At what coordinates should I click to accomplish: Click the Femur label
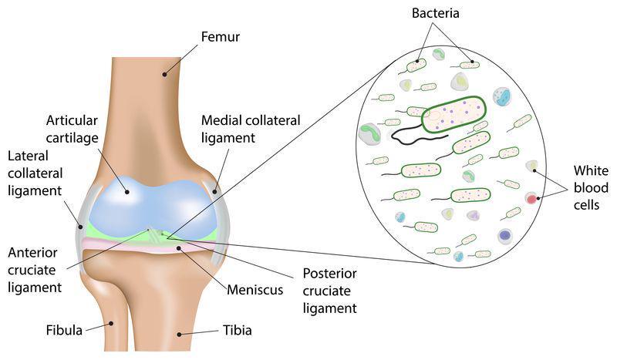pos(221,36)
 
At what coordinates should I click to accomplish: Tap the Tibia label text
pos(238,330)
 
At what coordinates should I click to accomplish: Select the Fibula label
pos(64,330)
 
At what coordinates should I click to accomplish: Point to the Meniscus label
pos(255,290)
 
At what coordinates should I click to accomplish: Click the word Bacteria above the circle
pos(435,13)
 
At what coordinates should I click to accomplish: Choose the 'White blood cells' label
pos(591,187)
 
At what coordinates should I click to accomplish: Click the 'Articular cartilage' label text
pos(72,129)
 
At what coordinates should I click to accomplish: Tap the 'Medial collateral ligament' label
pos(251,129)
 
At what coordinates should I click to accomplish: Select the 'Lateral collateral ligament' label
pos(35,173)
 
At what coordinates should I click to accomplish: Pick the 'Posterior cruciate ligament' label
pos(330,291)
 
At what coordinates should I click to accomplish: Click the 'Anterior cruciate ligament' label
pos(35,270)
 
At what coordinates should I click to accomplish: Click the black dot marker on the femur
pos(165,74)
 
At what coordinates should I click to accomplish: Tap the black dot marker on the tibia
pos(179,335)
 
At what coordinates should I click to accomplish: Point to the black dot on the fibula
pos(111,324)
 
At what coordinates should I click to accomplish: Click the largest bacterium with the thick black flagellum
pos(453,114)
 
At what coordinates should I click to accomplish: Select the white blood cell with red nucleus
pos(531,199)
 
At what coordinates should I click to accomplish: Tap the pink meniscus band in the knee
pos(150,246)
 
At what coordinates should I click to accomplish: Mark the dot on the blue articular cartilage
pos(127,192)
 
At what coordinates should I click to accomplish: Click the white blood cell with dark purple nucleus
pos(505,237)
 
